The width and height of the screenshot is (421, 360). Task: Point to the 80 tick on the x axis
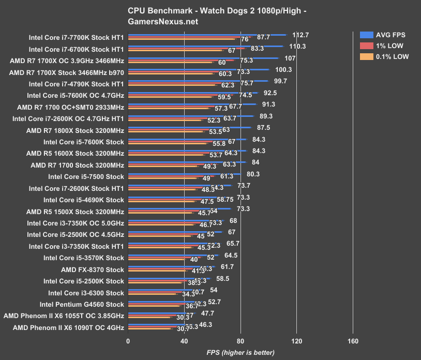click(240, 341)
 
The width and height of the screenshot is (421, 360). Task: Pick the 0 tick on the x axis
click(128, 341)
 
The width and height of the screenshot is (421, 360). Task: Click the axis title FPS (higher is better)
click(240, 353)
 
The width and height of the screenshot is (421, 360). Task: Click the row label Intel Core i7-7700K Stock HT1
click(77, 38)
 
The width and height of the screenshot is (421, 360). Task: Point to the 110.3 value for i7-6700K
click(297, 47)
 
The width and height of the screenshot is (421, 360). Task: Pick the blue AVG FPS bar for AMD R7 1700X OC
click(203, 58)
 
